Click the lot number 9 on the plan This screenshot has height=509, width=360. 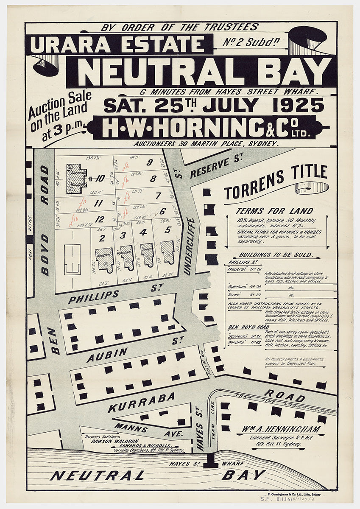coord(150,162)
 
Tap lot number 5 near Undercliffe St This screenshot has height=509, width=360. coord(168,230)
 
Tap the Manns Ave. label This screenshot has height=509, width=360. coord(148,431)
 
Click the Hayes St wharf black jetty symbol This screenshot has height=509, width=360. coord(210,461)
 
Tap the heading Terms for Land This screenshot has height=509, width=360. coord(274,211)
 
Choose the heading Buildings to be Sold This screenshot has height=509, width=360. coord(276,255)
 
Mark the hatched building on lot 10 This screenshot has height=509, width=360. coord(76,179)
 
